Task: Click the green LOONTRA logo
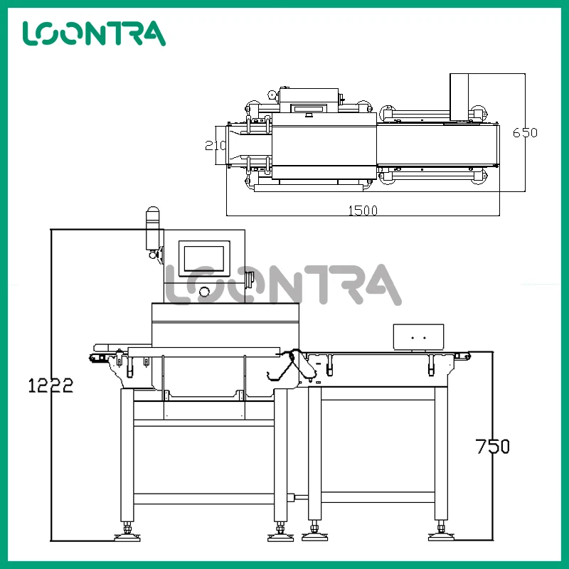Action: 94,33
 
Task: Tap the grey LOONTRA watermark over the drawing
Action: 283,284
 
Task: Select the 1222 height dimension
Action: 50,385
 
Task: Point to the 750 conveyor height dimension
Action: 493,447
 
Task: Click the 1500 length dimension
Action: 362,210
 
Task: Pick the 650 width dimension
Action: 525,132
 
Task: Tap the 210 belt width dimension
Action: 215,145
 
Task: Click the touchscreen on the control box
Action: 204,258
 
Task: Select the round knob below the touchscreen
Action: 204,291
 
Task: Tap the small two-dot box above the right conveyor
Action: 419,336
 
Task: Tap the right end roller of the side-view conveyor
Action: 467,356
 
